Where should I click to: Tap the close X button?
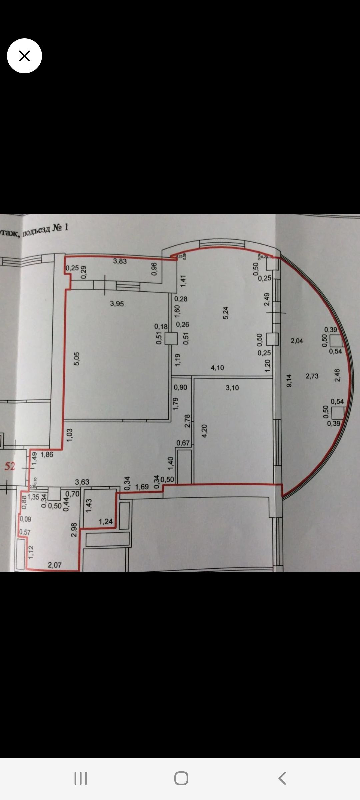click(24, 56)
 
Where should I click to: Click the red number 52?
click(10, 466)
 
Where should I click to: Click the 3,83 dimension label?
click(120, 261)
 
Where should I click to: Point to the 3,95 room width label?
click(117, 304)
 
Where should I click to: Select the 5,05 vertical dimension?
click(77, 359)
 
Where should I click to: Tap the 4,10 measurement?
click(217, 368)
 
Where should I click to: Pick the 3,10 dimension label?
click(232, 388)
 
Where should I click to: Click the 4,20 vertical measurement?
click(204, 431)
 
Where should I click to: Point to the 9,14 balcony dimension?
click(289, 380)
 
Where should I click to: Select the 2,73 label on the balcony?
click(312, 376)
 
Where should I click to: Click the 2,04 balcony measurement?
click(297, 341)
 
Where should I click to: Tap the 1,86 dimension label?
click(47, 454)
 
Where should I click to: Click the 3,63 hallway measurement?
click(82, 482)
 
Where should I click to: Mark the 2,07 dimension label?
click(55, 565)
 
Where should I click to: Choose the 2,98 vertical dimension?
click(74, 529)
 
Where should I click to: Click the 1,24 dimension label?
click(106, 522)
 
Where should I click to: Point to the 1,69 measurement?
click(142, 487)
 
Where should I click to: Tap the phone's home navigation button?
click(181, 778)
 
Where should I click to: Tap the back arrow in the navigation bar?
click(282, 778)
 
